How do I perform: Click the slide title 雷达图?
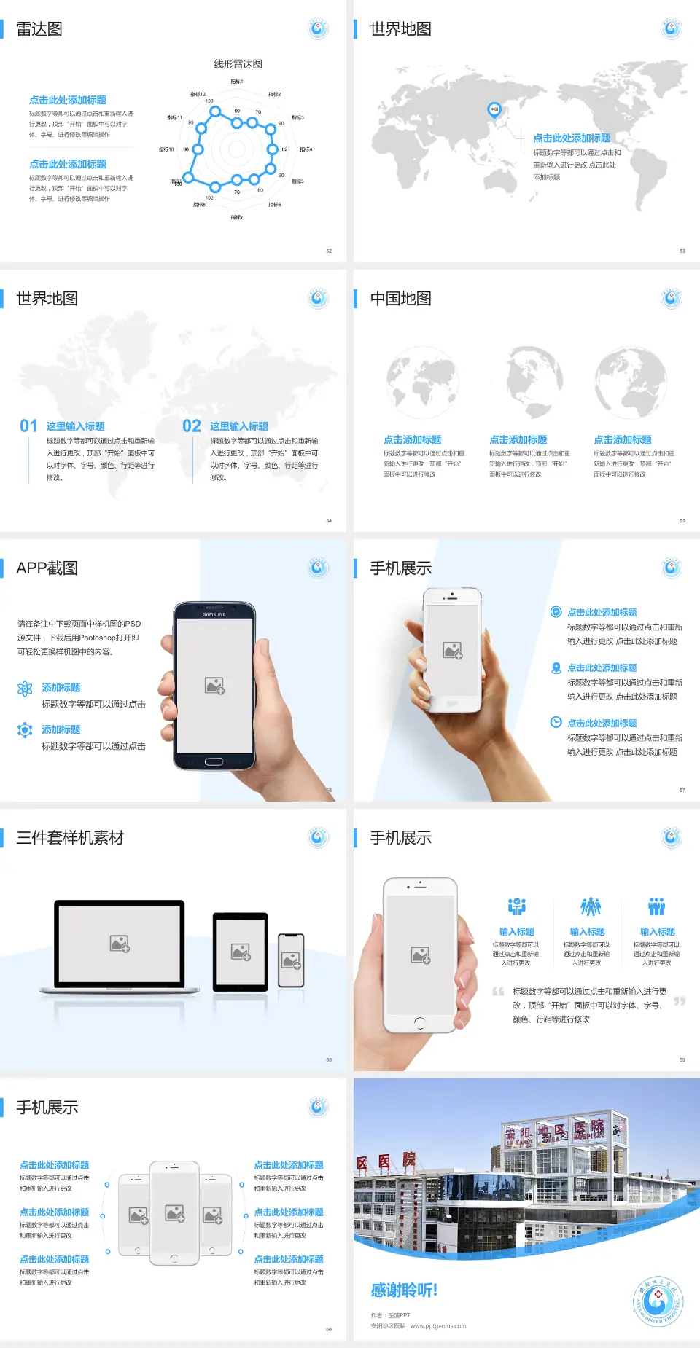pos(39,29)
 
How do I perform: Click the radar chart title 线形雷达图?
pos(238,64)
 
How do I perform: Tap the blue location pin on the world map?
pos(494,110)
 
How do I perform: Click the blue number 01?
pos(28,426)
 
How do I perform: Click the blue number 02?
pos(192,426)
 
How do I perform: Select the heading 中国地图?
pos(400,299)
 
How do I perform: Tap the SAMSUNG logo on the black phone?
pos(214,614)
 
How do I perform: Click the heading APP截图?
pos(47,568)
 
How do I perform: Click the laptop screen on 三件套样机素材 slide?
pos(120,944)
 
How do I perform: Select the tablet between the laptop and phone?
pos(241,952)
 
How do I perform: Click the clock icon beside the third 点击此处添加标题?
pos(556,722)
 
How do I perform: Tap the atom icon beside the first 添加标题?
pos(25,689)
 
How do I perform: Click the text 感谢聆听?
pos(403,1290)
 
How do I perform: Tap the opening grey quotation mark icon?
pos(498,992)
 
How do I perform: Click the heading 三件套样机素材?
pos(70,838)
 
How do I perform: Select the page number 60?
pos(329,1330)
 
